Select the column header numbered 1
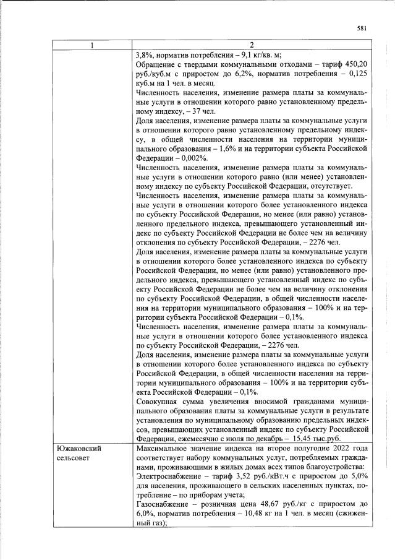(92, 45)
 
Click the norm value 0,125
(357, 73)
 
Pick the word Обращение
(155, 64)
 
